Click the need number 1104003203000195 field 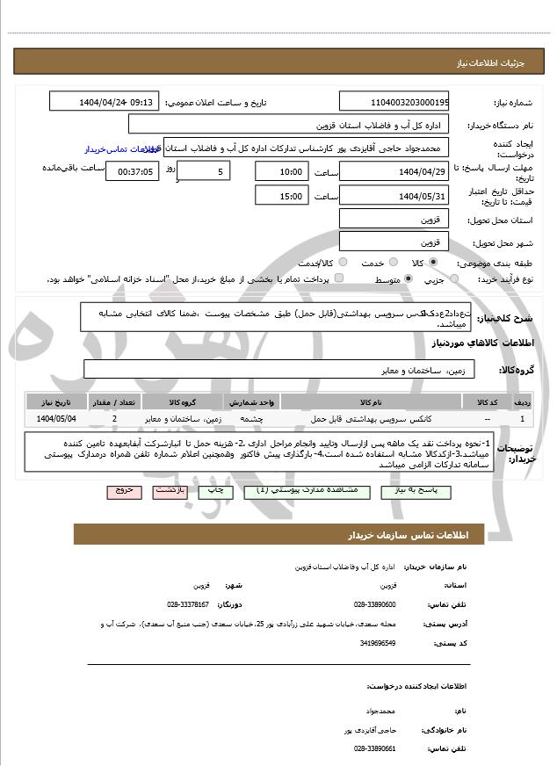pos(394,102)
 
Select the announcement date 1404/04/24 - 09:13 pos(105,102)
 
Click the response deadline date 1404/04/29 pos(394,171)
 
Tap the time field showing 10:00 pos(282,171)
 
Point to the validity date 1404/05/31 pos(394,195)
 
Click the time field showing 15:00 pos(282,195)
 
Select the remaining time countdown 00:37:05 pos(132,172)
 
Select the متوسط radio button pos(409,278)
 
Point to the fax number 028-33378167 pos(187,604)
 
